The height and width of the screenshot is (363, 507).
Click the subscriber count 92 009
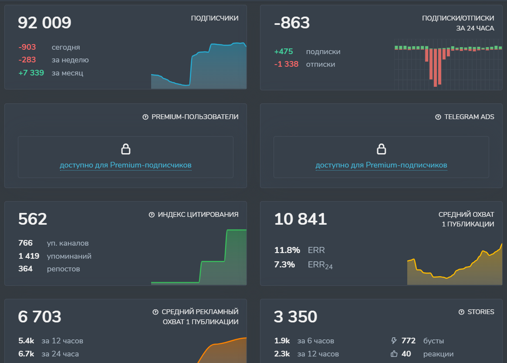click(x=44, y=23)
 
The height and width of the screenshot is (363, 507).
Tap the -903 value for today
click(x=27, y=47)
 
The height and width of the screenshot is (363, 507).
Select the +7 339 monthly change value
click(x=31, y=73)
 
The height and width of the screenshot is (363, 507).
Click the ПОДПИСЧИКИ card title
click(x=215, y=18)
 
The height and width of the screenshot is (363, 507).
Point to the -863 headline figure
click(x=292, y=23)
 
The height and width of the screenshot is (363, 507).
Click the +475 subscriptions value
click(x=284, y=51)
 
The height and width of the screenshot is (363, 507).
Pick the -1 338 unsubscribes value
click(x=286, y=64)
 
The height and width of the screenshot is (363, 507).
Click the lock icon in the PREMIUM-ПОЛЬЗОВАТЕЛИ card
click(x=125, y=149)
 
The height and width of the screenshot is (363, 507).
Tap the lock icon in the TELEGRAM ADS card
click(x=381, y=149)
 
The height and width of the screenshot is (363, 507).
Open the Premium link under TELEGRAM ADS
click(x=381, y=165)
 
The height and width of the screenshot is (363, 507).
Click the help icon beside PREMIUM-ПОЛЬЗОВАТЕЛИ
click(x=145, y=117)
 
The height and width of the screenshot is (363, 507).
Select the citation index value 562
click(x=33, y=219)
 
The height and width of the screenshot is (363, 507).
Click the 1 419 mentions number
click(x=29, y=256)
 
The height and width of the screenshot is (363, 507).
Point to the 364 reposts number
click(x=25, y=269)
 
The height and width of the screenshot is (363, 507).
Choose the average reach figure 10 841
click(x=301, y=219)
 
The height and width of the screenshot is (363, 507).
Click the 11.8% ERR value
click(x=287, y=250)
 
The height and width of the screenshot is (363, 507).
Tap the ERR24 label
click(x=320, y=265)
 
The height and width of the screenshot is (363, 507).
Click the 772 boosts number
click(x=408, y=341)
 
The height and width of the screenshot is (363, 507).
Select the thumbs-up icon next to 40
click(x=395, y=354)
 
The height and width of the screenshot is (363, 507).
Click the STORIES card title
click(x=481, y=312)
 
